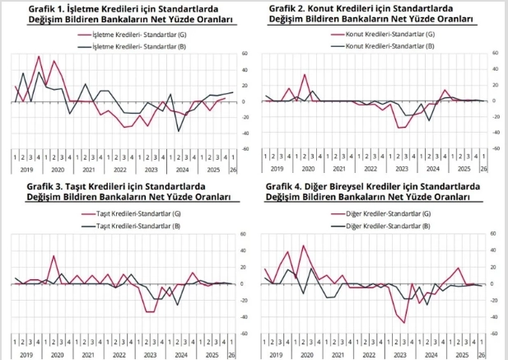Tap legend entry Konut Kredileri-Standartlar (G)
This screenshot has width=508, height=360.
tap(389, 35)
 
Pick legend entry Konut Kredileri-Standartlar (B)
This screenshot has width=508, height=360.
tap(389, 46)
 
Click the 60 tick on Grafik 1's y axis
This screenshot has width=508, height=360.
tap(245, 54)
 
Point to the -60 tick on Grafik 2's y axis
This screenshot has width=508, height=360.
tap(495, 148)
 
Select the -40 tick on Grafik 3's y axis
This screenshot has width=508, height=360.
tap(244, 316)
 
